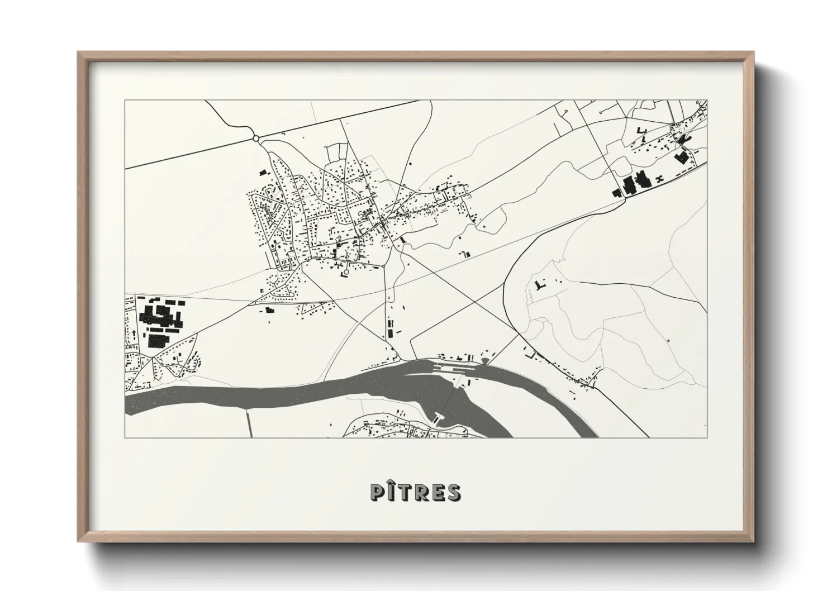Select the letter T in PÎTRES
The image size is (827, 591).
tap(406, 492)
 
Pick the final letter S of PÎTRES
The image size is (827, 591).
tap(454, 492)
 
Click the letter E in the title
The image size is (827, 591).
tap(438, 492)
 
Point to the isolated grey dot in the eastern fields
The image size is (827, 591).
tap(668, 340)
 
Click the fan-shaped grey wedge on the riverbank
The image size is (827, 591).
tap(484, 361)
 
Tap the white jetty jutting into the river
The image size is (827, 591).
tap(439, 417)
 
